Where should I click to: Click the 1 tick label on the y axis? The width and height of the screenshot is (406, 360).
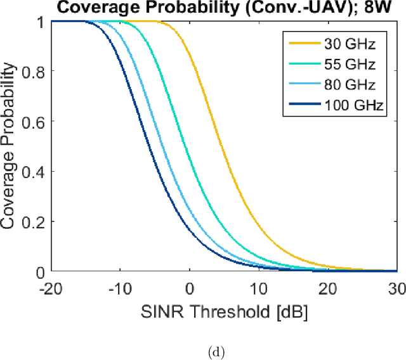coord(41,22)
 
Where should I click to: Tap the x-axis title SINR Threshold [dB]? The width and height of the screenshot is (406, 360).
coord(225,312)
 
